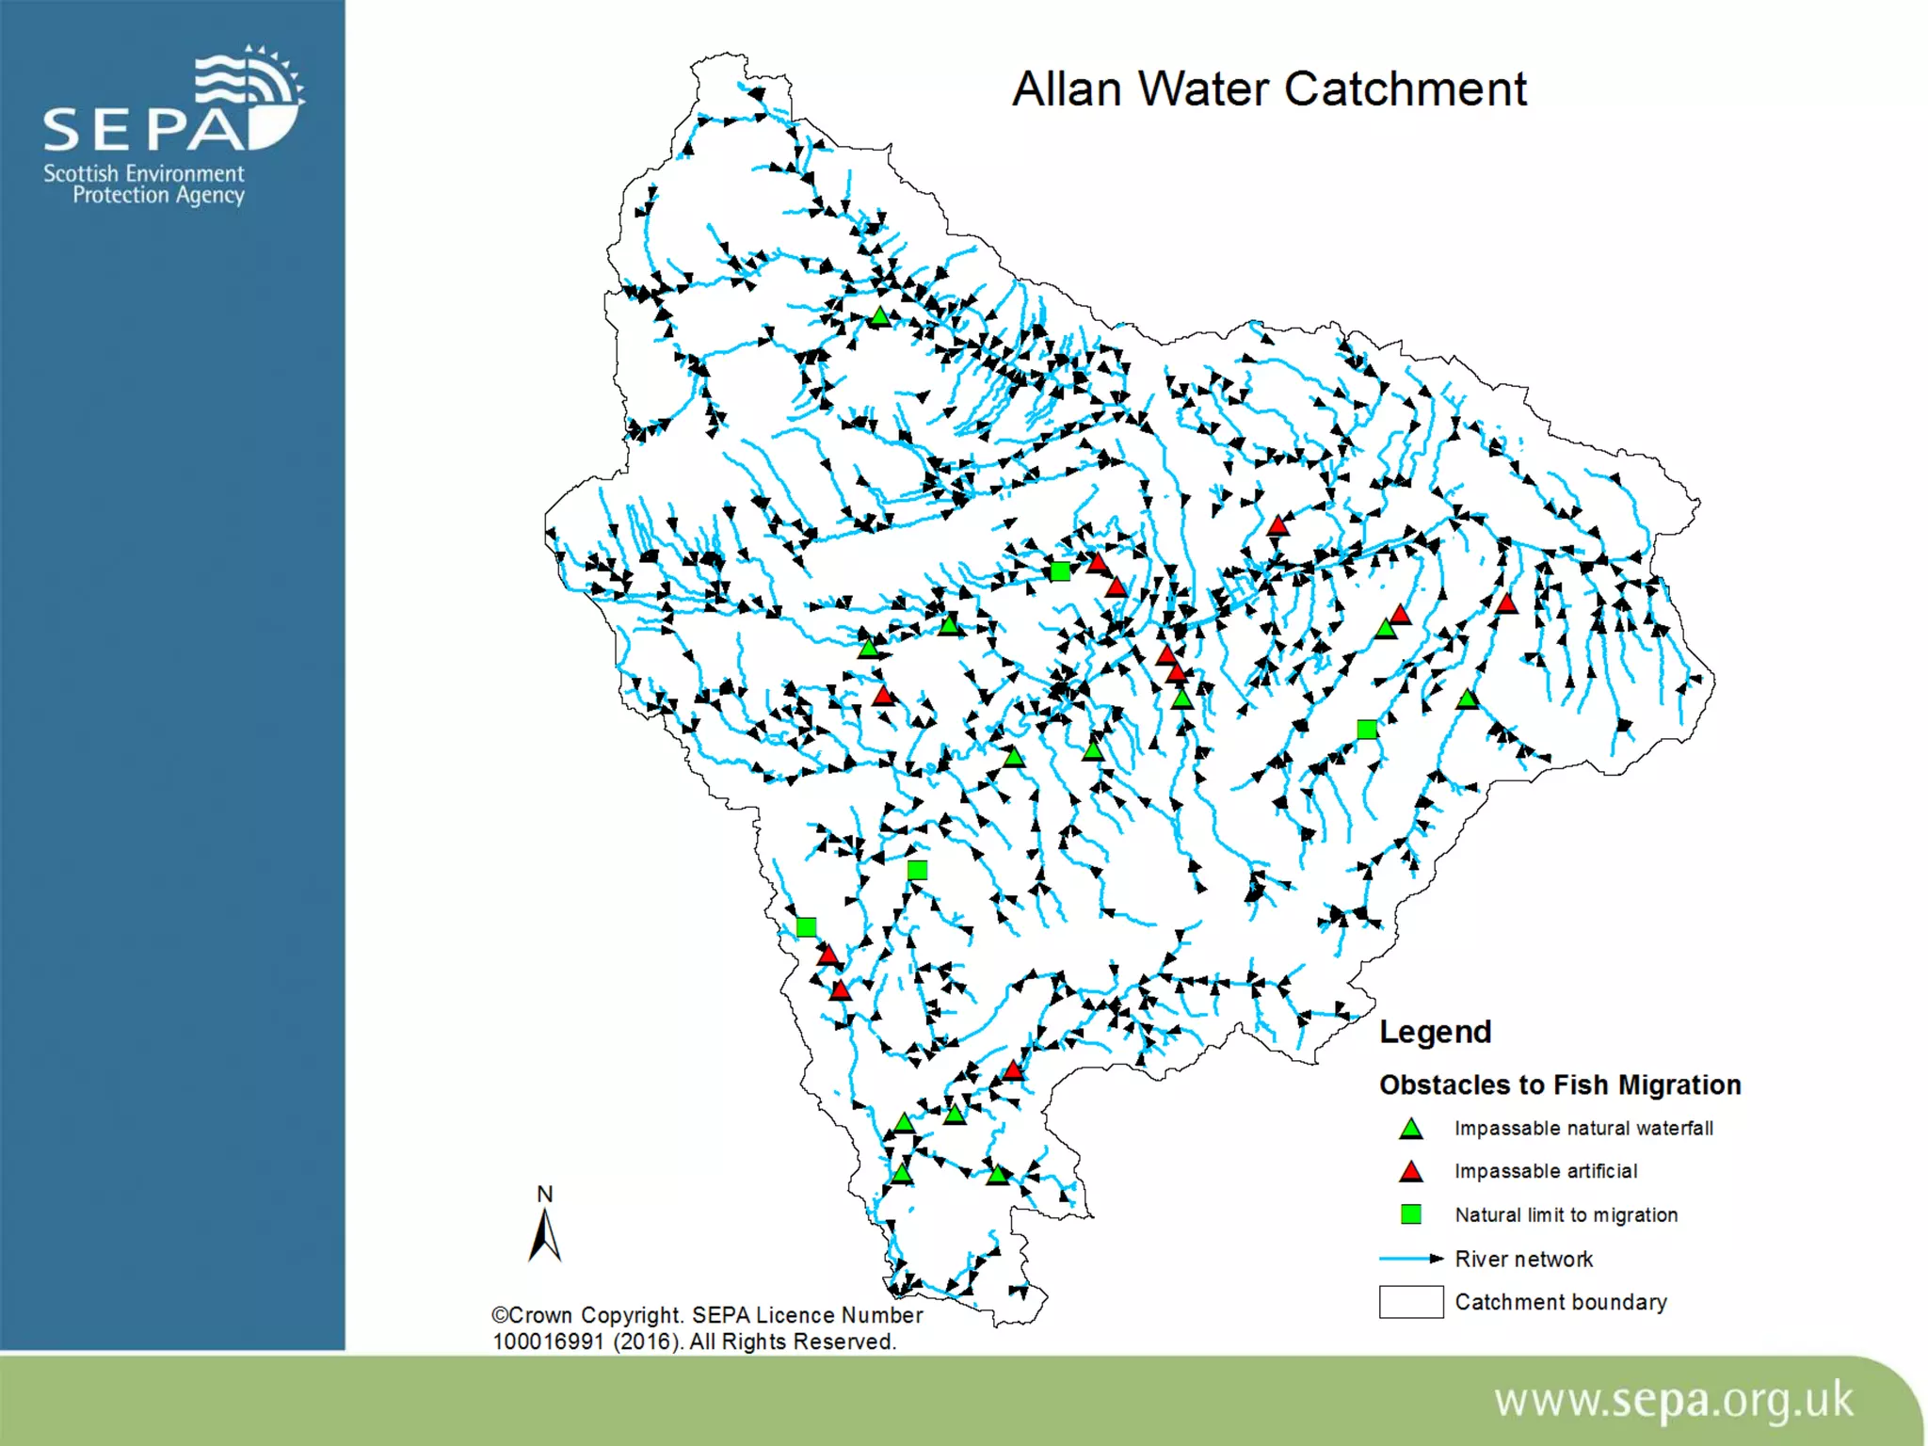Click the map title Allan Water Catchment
tap(1268, 89)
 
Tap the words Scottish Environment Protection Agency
tap(145, 185)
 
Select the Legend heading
tap(1435, 1032)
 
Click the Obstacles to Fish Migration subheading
tap(1560, 1084)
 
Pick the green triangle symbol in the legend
tap(1410, 1129)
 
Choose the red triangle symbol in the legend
tap(1410, 1172)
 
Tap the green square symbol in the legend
tap(1410, 1214)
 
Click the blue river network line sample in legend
tap(1410, 1259)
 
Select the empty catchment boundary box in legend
tap(1410, 1302)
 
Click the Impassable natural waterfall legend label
tap(1583, 1128)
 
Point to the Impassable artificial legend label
tap(1546, 1171)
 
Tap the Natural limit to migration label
tap(1566, 1214)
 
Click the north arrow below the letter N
tap(545, 1236)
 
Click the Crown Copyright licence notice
tap(706, 1328)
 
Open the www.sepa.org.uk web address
tap(1673, 1401)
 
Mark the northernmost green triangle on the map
tap(879, 317)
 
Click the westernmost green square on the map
tap(806, 927)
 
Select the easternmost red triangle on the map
tap(1506, 603)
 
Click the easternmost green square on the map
tap(1367, 729)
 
